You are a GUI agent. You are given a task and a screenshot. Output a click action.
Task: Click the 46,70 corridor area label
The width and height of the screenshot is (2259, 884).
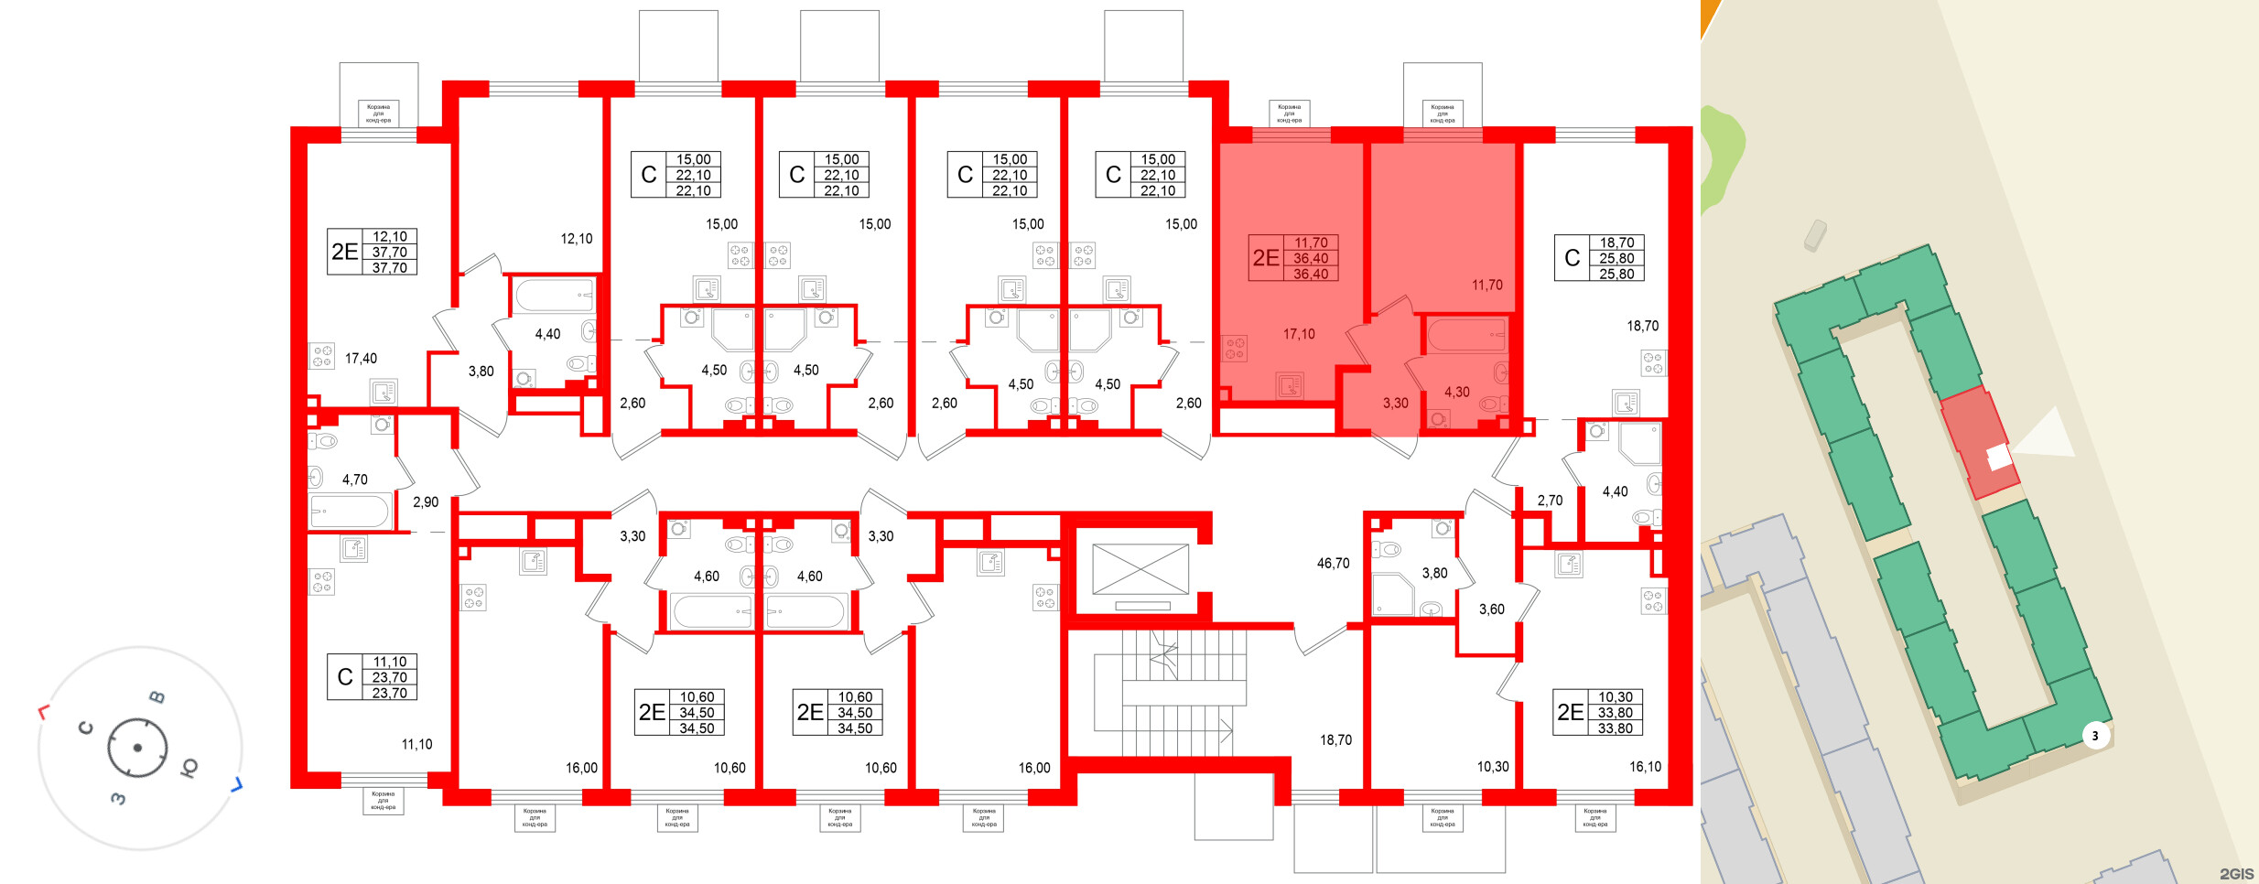1333,564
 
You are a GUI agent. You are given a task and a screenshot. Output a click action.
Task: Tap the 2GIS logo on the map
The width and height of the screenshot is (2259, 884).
2235,874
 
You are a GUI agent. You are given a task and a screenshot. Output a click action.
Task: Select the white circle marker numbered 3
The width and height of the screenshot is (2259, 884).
2095,736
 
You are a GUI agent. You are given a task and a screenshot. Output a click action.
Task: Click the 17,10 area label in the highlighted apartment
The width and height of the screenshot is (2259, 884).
1298,335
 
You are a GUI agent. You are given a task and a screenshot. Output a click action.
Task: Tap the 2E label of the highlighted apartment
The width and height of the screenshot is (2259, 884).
1266,258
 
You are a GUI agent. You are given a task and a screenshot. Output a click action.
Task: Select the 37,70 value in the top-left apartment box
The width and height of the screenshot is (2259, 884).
389,253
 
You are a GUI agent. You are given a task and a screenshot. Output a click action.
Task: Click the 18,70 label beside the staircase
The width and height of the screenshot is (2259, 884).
1335,740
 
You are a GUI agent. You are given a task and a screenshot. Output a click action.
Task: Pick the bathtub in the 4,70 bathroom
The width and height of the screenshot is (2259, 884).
349,512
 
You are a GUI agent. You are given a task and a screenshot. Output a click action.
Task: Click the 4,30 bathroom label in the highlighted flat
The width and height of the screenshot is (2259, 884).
1456,393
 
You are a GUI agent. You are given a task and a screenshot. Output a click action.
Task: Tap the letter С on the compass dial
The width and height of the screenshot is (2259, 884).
86,728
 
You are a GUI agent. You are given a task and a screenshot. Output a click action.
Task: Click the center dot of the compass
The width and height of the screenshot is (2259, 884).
137,748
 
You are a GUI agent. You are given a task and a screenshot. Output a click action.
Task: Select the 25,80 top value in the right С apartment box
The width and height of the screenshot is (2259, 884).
1616,259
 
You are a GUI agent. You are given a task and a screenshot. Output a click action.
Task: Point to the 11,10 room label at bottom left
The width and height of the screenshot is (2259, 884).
416,745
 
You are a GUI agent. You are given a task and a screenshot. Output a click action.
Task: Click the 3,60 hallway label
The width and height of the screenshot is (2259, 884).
1491,609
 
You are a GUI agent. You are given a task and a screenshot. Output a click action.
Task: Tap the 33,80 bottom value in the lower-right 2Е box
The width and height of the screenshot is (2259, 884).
1615,729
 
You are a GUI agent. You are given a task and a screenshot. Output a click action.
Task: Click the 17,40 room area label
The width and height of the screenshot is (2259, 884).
361,359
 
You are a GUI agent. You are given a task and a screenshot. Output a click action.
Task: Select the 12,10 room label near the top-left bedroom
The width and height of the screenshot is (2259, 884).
576,239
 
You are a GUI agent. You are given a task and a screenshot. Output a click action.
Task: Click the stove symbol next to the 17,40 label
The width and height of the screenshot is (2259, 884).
322,356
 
